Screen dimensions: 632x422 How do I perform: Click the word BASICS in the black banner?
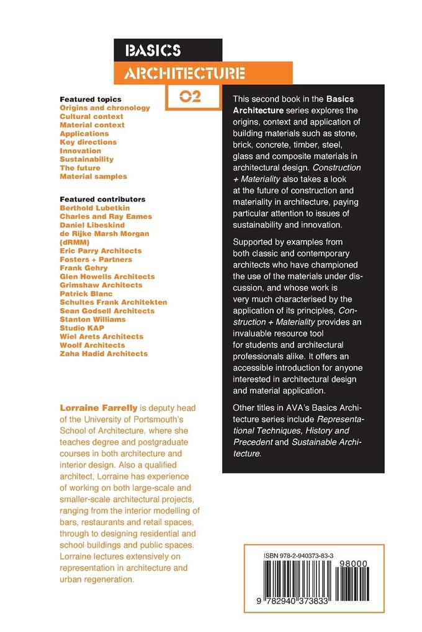[153, 51]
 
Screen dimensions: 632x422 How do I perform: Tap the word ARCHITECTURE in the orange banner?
[184, 74]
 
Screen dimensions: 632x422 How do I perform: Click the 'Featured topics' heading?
[91, 99]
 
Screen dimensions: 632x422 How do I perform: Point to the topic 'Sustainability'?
[87, 159]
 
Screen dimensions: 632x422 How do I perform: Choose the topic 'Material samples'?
[93, 177]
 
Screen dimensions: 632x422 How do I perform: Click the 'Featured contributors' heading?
[102, 200]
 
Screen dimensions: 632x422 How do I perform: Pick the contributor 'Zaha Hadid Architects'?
[104, 354]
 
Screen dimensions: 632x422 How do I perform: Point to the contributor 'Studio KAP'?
[82, 328]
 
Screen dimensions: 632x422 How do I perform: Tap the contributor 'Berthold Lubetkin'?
[97, 208]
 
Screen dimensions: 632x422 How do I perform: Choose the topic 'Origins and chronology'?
[105, 108]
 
